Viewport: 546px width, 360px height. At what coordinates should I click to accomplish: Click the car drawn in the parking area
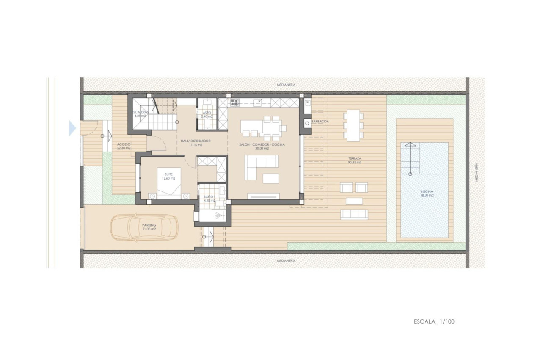tap(144, 228)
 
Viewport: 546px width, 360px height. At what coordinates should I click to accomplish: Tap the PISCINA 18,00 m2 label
tap(425, 194)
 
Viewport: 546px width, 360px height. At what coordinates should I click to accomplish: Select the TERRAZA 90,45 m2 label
tap(355, 161)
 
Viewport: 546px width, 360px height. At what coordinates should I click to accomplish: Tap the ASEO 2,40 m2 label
tap(207, 114)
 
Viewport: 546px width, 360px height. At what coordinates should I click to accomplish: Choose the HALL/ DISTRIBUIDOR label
tap(196, 143)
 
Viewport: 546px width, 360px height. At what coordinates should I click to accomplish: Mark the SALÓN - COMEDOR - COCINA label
tap(262, 147)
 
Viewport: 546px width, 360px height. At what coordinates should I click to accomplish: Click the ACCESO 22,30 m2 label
tap(124, 146)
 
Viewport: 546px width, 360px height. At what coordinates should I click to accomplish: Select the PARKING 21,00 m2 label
tap(149, 227)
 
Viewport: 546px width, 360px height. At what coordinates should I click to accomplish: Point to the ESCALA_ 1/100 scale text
tap(434, 321)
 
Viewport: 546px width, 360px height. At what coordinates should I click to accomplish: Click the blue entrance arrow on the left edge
tap(72, 128)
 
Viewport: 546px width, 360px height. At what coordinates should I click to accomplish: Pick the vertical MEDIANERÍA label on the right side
tap(477, 172)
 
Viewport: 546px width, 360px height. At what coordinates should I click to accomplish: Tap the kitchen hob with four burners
tap(234, 102)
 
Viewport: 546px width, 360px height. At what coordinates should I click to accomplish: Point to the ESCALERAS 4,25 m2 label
tap(140, 114)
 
